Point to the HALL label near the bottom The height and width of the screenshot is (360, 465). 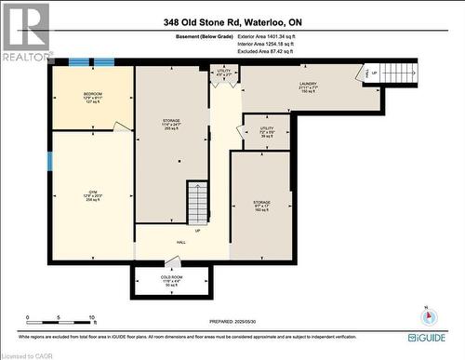click(181, 241)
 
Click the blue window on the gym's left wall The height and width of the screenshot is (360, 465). click(49, 160)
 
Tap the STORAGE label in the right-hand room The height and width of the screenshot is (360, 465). click(261, 204)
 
